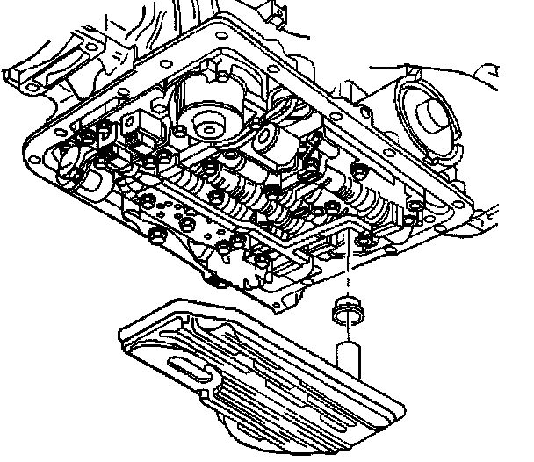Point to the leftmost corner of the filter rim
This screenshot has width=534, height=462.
click(120, 331)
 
